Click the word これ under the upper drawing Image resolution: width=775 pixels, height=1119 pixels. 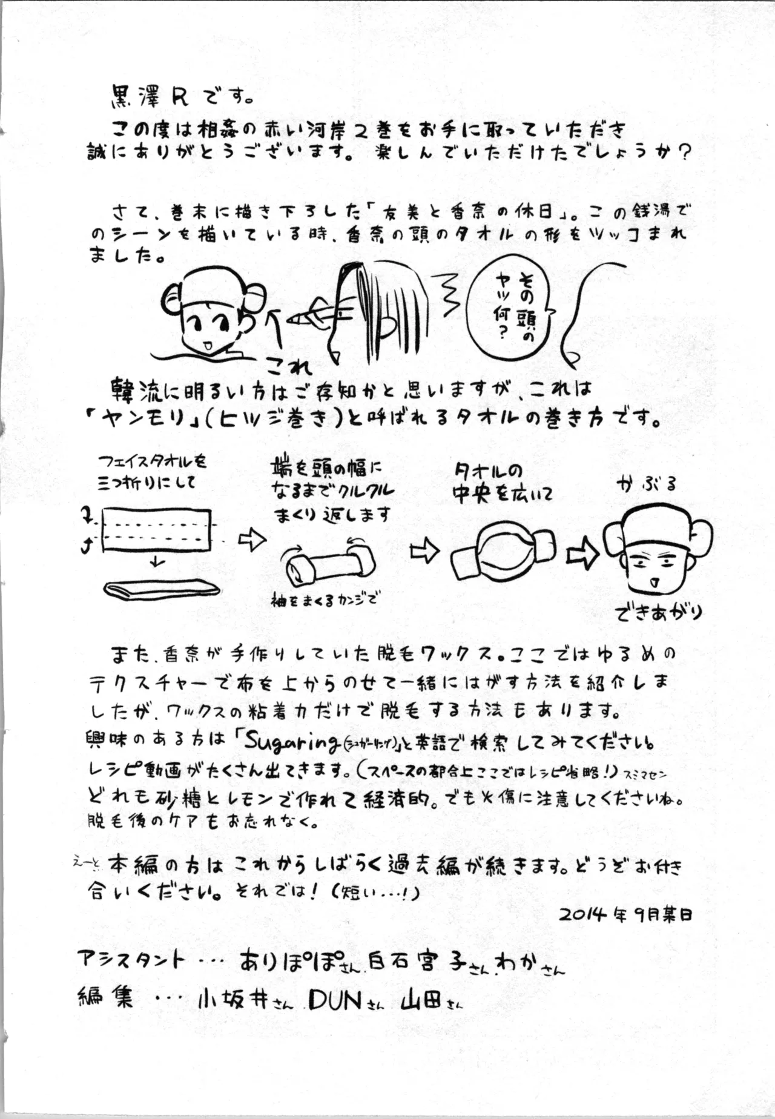(x=289, y=366)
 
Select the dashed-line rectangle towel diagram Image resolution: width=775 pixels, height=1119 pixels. (x=156, y=530)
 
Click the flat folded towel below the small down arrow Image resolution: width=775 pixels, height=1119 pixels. (x=162, y=589)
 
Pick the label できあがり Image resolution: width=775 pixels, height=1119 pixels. (x=659, y=613)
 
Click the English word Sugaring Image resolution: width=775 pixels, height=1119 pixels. (x=285, y=741)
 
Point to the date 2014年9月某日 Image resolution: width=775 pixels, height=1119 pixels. (x=625, y=914)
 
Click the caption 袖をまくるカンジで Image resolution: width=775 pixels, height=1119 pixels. (x=324, y=600)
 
